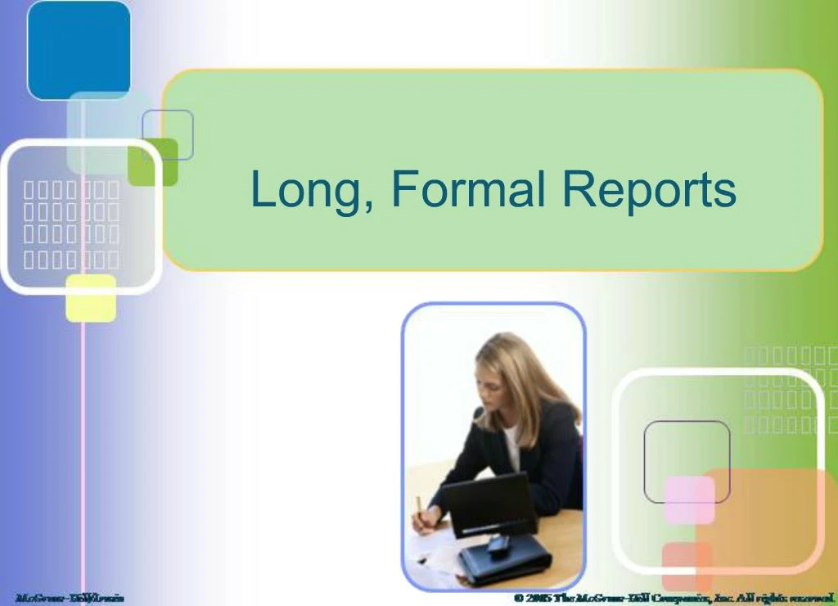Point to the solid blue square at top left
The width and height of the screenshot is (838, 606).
[79, 50]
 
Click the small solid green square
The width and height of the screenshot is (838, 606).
[153, 161]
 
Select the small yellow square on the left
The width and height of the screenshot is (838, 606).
[91, 298]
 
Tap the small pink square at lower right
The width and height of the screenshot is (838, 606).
[689, 500]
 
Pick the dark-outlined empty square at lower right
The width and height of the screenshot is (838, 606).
[687, 461]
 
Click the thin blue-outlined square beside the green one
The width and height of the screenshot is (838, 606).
[168, 134]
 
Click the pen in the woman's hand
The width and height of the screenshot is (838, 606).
[419, 508]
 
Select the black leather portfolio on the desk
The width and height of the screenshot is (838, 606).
[504, 562]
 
